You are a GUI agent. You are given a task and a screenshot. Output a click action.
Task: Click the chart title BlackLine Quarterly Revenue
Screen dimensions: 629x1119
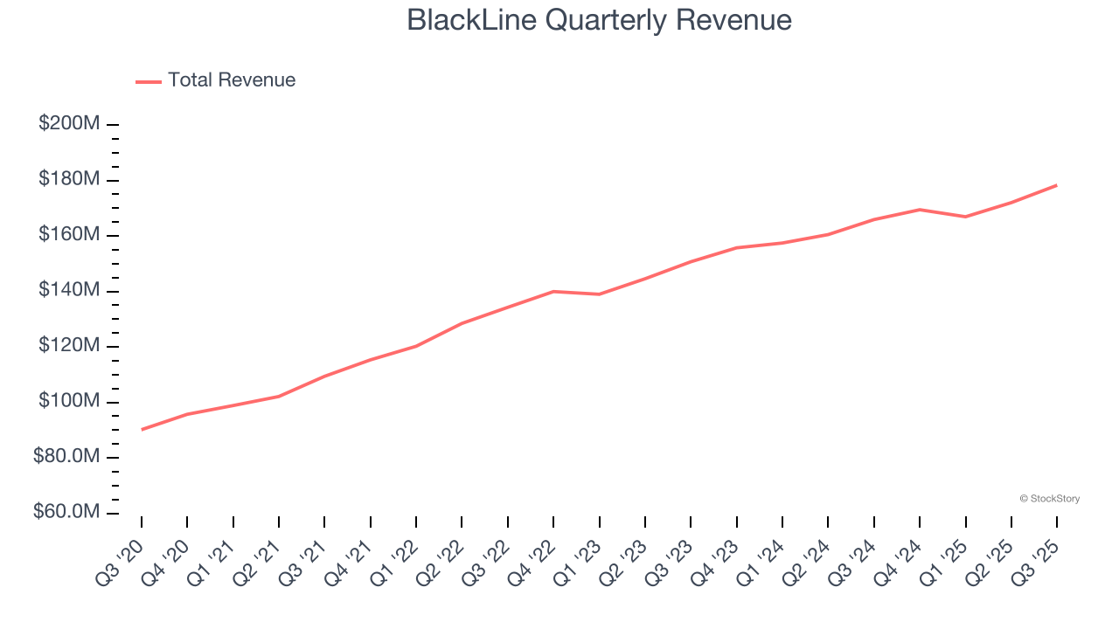(599, 20)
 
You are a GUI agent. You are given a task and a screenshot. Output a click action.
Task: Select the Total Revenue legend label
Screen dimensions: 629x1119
(232, 80)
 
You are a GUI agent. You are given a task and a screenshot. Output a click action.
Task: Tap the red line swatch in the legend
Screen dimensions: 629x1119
(149, 81)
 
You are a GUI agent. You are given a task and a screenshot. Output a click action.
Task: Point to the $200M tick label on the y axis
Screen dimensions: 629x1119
(68, 124)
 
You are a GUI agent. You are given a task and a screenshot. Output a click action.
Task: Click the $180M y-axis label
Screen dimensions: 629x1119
(68, 180)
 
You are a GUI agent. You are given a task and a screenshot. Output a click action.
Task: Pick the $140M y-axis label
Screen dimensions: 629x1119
(68, 291)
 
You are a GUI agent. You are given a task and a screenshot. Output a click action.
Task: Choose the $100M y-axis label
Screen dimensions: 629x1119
(68, 402)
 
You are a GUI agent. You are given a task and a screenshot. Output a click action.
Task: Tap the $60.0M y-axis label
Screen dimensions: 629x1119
(66, 513)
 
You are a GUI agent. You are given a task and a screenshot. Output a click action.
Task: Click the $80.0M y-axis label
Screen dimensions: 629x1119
(66, 457)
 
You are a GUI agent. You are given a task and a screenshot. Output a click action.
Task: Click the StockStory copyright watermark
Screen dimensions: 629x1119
(1049, 499)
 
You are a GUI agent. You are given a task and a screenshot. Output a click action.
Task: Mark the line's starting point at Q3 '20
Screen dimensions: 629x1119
(142, 429)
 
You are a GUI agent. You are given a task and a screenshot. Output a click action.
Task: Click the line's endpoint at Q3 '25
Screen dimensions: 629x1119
(1057, 185)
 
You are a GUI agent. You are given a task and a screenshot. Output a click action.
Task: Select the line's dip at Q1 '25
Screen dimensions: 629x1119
(965, 217)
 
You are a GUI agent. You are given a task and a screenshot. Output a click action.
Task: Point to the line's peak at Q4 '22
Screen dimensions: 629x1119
(553, 291)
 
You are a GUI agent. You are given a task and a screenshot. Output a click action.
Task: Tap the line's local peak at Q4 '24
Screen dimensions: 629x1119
(920, 210)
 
